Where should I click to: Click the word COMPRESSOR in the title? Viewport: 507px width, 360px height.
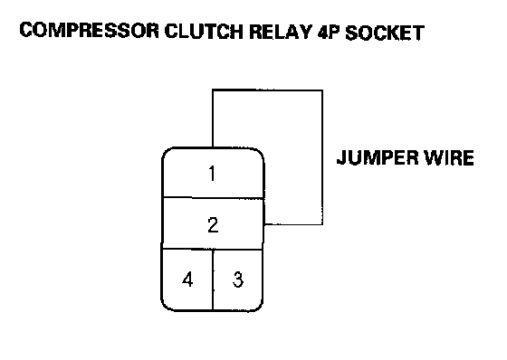[x=90, y=31]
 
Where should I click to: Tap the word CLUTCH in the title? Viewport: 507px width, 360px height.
[x=204, y=32]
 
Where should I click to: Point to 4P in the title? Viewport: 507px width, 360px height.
[x=328, y=32]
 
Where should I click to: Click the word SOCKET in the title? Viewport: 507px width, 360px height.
[x=385, y=33]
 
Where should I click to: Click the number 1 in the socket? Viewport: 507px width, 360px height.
[x=212, y=173]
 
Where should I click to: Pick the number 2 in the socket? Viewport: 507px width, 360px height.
[x=213, y=225]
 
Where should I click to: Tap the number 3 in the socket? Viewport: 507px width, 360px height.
[x=237, y=279]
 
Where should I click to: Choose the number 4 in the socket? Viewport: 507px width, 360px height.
[x=187, y=279]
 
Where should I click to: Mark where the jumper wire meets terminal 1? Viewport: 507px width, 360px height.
[x=213, y=147]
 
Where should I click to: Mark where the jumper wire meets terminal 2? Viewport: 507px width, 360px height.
[x=264, y=224]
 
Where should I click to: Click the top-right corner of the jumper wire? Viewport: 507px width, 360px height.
[x=322, y=90]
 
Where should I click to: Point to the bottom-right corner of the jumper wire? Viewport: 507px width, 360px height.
[x=322, y=224]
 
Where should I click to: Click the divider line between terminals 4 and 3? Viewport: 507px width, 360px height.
[x=213, y=279]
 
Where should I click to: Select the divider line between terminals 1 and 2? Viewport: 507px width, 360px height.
[x=213, y=197]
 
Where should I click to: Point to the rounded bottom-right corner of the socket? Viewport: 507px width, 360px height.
[x=259, y=307]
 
